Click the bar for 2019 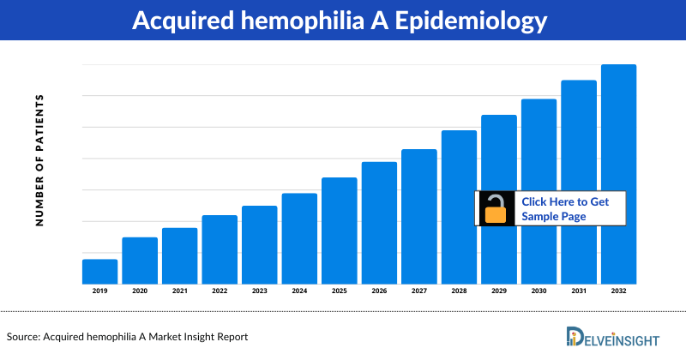point(99,271)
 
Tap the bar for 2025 point(339,230)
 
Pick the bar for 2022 point(220,249)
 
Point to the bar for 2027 point(418,216)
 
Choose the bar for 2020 point(140,260)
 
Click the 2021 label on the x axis point(179,291)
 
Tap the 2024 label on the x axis point(299,291)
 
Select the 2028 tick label point(459,291)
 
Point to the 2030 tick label point(539,291)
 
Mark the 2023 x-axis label point(259,291)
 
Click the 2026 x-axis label point(379,291)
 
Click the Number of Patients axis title point(39,160)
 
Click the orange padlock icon point(496,209)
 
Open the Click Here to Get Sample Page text point(565,209)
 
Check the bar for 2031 point(578,181)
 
